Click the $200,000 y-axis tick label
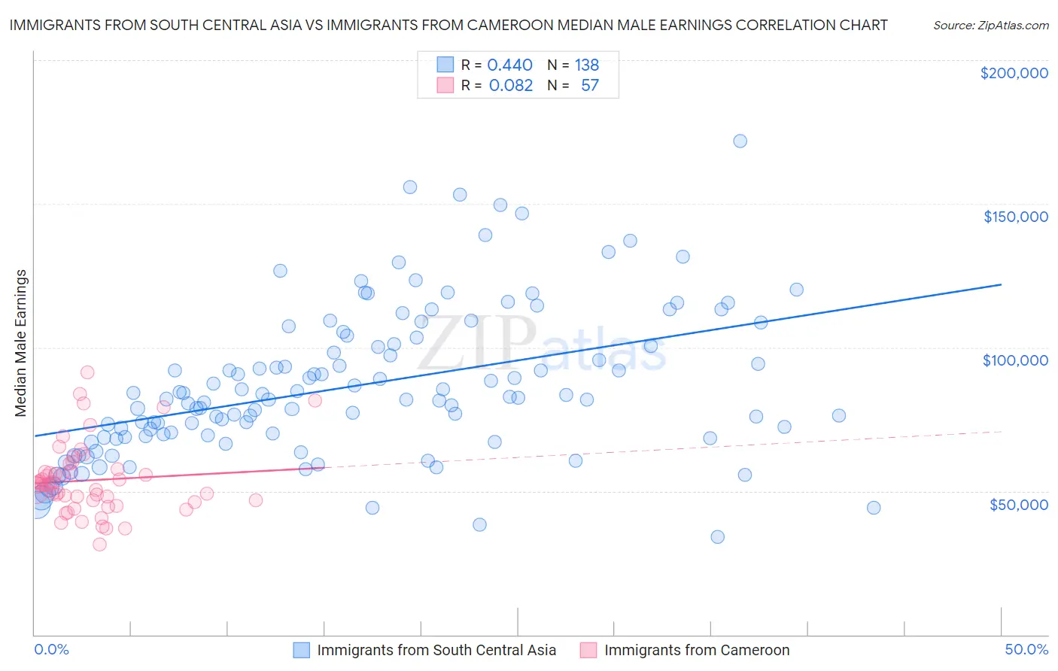1014,73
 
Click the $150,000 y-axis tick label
1015,217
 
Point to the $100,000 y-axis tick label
1015,360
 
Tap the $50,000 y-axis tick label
1018,504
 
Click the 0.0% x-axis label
51,649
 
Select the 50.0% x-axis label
1026,649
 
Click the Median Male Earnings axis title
21,343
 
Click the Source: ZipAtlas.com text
990,25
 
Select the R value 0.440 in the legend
509,65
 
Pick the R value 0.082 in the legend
510,86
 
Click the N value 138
587,65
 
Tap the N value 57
590,86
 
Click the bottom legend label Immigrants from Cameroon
697,650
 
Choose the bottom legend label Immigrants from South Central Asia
436,650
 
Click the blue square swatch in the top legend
445,65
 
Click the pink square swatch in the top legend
445,86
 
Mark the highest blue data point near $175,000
740,141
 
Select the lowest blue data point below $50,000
717,536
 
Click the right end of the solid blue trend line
1001,284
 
